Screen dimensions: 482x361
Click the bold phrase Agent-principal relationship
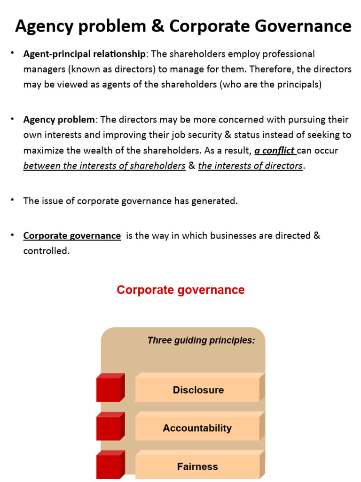(85, 54)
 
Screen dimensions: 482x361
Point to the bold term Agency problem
(59, 120)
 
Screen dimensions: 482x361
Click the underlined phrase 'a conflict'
(275, 151)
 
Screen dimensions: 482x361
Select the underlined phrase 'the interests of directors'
(251, 166)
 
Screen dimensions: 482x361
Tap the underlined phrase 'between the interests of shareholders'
(104, 166)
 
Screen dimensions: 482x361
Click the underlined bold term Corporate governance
(72, 236)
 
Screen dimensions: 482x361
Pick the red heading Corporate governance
(180, 290)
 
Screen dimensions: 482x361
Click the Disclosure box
(198, 390)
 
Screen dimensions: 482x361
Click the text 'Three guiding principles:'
(201, 340)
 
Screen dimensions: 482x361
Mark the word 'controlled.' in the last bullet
(47, 251)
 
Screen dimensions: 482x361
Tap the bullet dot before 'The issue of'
(13, 200)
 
